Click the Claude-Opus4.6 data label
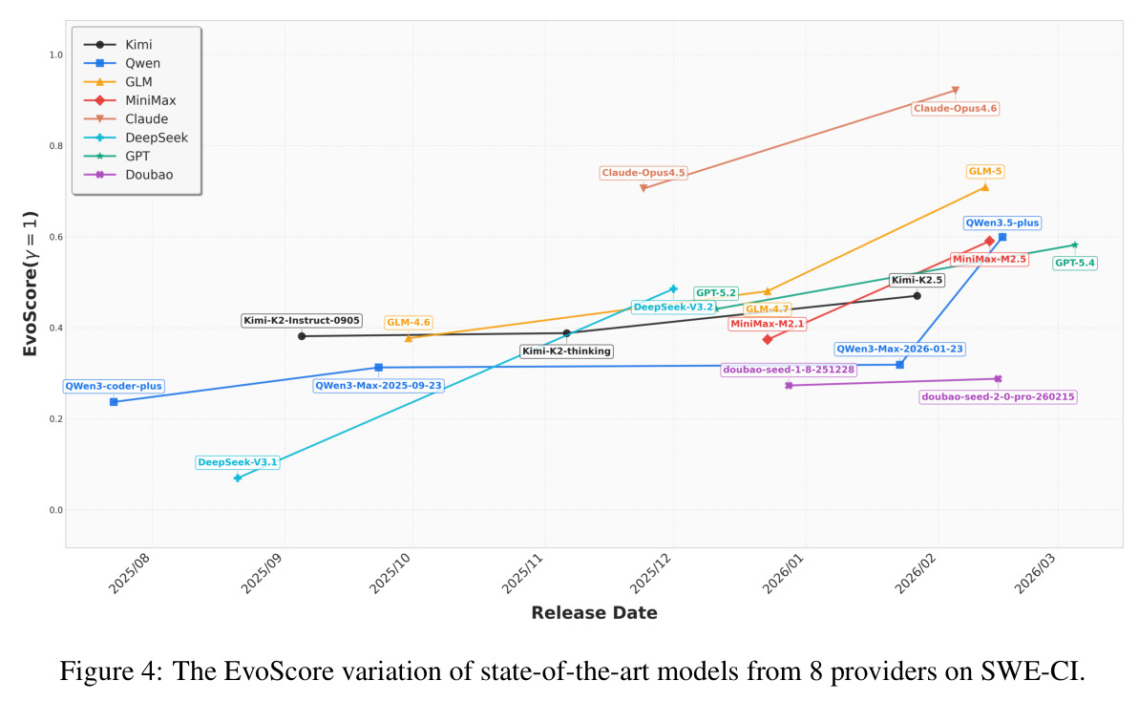click(956, 108)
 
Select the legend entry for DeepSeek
click(136, 138)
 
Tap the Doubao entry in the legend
click(129, 175)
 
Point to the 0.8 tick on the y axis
click(56, 146)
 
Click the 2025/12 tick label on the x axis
click(650, 573)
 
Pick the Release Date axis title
click(594, 612)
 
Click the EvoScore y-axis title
click(30, 284)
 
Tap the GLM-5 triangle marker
click(985, 187)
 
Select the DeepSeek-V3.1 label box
click(238, 462)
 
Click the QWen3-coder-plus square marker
click(114, 402)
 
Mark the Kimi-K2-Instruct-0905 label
click(302, 321)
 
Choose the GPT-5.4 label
click(1074, 263)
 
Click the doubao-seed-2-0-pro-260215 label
click(998, 396)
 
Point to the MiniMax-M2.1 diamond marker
click(767, 339)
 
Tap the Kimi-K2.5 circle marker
click(917, 296)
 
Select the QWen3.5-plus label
click(1002, 223)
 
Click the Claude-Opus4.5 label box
click(643, 173)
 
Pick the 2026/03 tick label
click(1035, 573)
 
